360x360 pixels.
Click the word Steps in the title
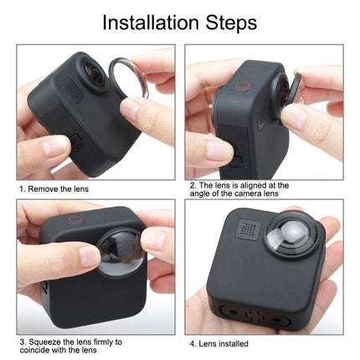click(230, 22)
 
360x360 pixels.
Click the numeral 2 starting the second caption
click(191, 185)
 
